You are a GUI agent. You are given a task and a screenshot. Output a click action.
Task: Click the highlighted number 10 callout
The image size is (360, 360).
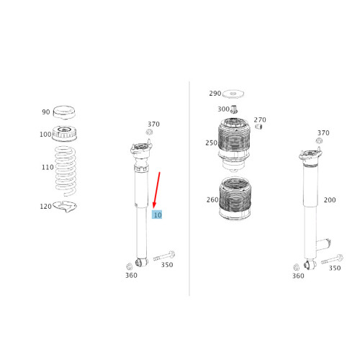(157, 215)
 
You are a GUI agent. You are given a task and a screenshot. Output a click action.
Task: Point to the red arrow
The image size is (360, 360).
(157, 190)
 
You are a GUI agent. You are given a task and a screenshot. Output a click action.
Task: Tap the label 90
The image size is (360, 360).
(46, 112)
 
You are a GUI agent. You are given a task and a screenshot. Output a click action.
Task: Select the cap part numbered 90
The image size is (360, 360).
(64, 112)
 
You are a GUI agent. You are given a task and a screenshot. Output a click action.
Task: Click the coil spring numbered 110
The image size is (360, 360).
(66, 171)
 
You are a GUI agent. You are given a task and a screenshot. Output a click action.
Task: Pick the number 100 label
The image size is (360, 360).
(45, 134)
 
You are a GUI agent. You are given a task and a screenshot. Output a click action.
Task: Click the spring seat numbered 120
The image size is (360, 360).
(65, 207)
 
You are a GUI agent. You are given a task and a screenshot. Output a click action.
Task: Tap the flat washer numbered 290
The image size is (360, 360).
(233, 94)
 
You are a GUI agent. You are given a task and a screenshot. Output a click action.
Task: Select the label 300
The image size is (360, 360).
(223, 109)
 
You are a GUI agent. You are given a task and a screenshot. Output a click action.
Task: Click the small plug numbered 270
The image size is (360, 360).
(258, 127)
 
